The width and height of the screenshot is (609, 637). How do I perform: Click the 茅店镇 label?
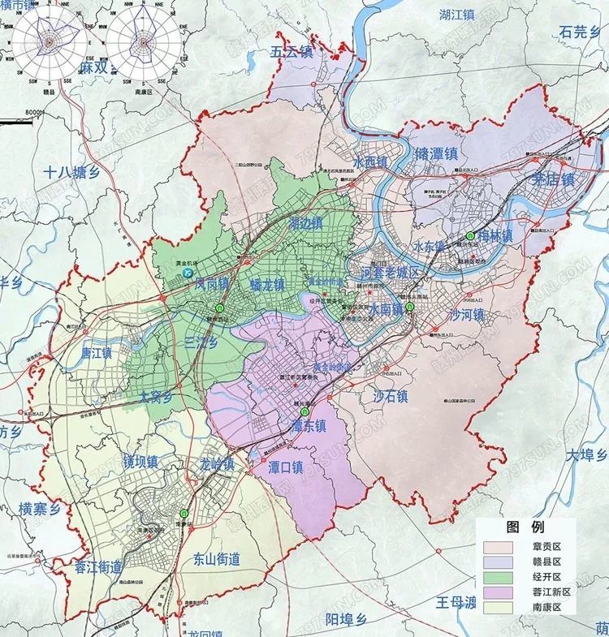click(x=553, y=179)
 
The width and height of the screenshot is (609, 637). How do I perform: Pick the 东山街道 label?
click(x=218, y=559)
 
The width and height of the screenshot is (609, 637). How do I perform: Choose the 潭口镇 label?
click(x=286, y=467)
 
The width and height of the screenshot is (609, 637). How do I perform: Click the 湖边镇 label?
click(x=305, y=222)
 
